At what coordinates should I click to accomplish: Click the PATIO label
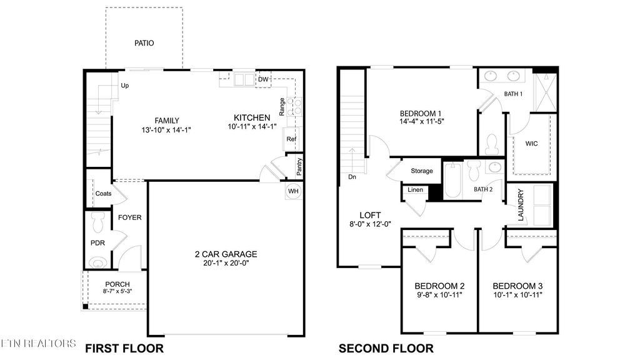pyautogui.click(x=144, y=43)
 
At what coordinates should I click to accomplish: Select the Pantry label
pyautogui.click(x=300, y=166)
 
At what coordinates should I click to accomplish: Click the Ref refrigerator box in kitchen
pyautogui.click(x=291, y=139)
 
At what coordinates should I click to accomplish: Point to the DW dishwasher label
pyautogui.click(x=263, y=79)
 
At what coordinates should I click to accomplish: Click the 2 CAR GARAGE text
pyautogui.click(x=226, y=254)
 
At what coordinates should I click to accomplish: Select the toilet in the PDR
pyautogui.click(x=97, y=221)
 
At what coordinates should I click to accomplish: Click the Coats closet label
pyautogui.click(x=103, y=194)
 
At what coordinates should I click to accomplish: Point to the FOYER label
pyautogui.click(x=130, y=217)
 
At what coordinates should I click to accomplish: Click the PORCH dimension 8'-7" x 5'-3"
pyautogui.click(x=117, y=291)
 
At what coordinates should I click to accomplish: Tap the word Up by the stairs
pyautogui.click(x=125, y=86)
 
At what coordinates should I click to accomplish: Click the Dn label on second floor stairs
pyautogui.click(x=353, y=177)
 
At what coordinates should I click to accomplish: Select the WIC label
pyautogui.click(x=531, y=143)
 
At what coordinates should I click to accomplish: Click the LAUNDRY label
pyautogui.click(x=520, y=205)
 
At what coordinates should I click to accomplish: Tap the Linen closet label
pyautogui.click(x=415, y=190)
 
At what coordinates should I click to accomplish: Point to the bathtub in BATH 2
pyautogui.click(x=452, y=181)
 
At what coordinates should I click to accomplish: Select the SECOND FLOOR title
pyautogui.click(x=386, y=348)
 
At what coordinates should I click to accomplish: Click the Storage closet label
pyautogui.click(x=422, y=171)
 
